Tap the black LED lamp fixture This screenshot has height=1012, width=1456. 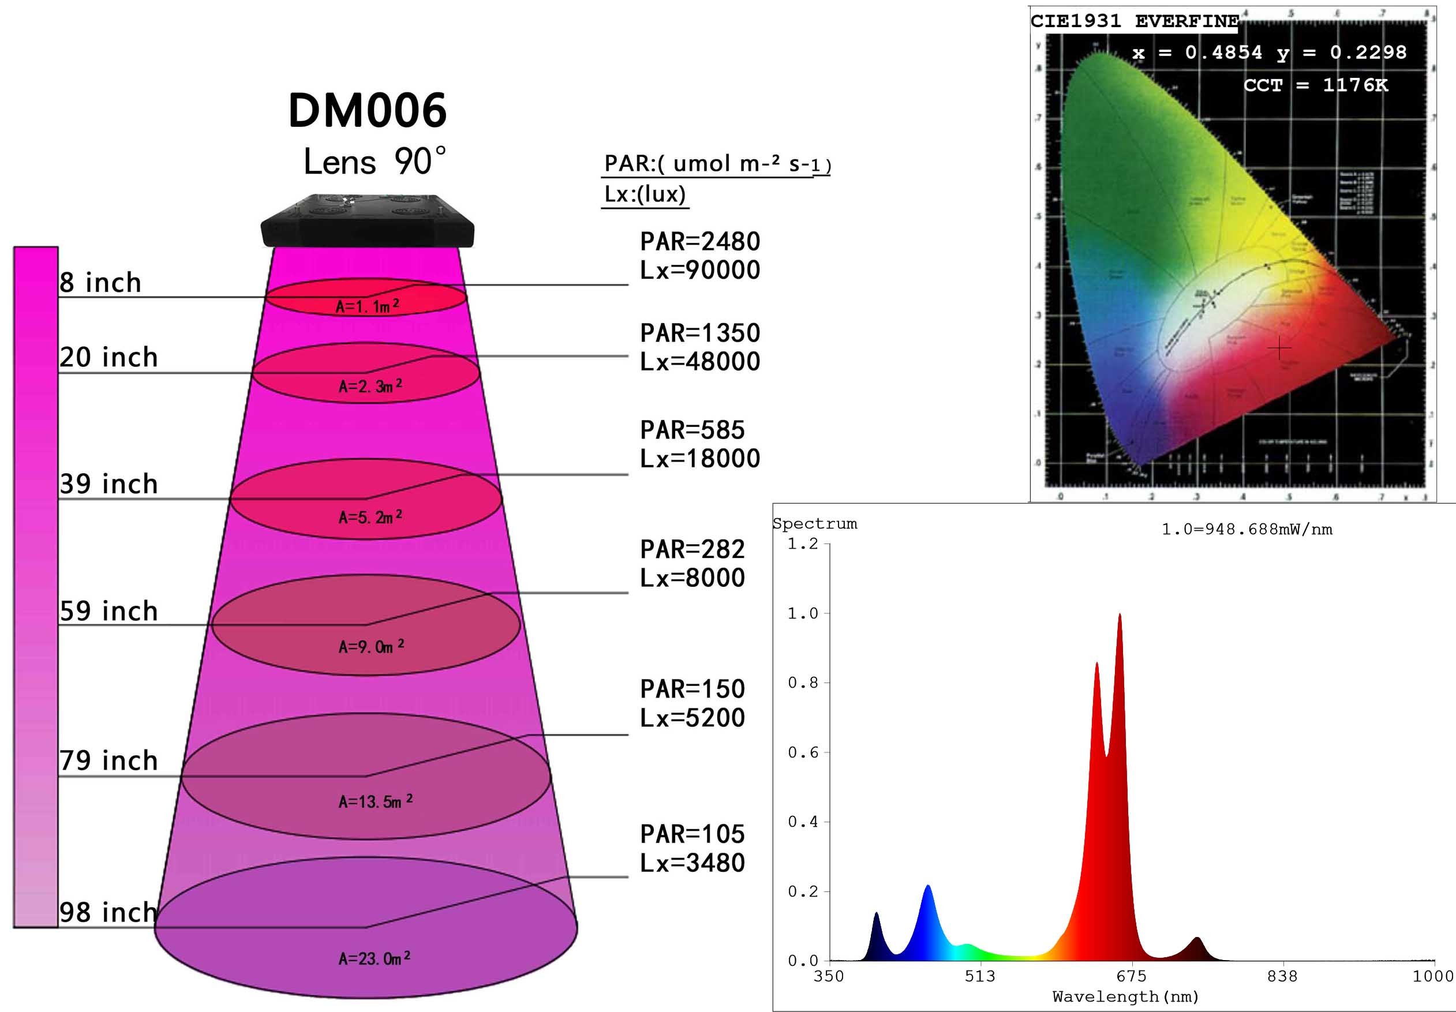click(x=368, y=222)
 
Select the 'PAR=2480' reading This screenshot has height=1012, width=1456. click(x=699, y=242)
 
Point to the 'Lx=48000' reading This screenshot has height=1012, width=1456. click(x=699, y=361)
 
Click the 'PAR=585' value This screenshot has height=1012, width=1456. click(x=692, y=430)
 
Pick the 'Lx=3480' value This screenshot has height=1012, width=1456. click(x=692, y=863)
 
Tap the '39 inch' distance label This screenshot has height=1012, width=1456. click(x=108, y=485)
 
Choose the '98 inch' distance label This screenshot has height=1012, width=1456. click(x=108, y=912)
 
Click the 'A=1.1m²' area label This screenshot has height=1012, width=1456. click(x=367, y=307)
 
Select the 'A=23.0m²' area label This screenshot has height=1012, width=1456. click(x=374, y=958)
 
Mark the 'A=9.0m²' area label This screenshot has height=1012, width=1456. click(x=371, y=647)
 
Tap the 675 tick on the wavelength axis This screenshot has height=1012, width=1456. click(x=1131, y=976)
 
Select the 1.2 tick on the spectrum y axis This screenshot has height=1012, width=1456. click(x=803, y=544)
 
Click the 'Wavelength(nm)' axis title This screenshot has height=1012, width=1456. click(x=1125, y=997)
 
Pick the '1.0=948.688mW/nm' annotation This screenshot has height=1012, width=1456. click(x=1247, y=530)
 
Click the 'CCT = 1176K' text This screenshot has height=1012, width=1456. click(x=1315, y=85)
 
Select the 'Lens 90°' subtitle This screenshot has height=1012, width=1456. click(x=374, y=162)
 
